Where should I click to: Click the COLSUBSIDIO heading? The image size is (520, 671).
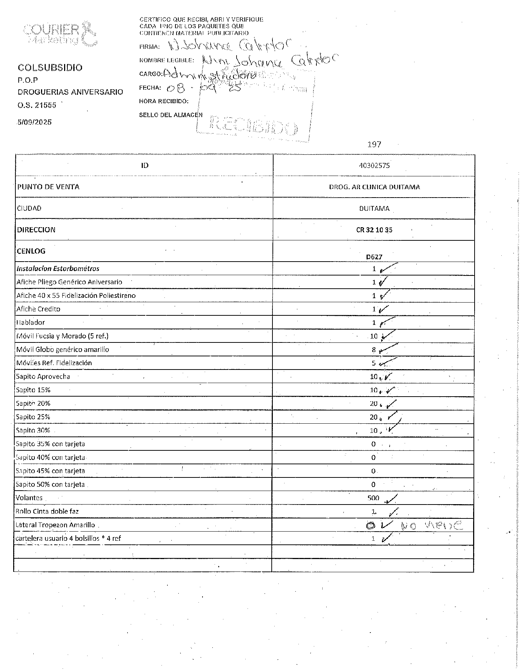[x=50, y=68]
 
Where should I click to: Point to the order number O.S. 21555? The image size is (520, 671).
[x=37, y=105]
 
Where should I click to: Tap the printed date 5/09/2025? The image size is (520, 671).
[x=34, y=122]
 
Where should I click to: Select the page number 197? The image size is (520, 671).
[x=374, y=145]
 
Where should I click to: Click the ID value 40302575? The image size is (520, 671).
[x=374, y=165]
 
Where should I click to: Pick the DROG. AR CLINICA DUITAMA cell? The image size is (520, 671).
[x=374, y=187]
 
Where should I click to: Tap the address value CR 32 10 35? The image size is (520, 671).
[x=374, y=230]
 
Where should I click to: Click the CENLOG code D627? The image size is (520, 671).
[x=374, y=257]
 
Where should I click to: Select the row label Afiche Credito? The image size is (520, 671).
[x=38, y=309]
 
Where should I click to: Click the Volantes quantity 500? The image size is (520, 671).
[x=374, y=498]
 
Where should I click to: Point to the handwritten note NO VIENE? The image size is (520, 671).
[x=432, y=526]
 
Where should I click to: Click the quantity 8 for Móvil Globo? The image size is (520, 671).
[x=374, y=350]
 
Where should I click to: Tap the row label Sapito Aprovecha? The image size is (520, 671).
[x=43, y=376]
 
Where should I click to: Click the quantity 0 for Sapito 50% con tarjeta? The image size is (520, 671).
[x=374, y=485]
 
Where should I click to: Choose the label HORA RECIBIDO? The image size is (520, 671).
[x=164, y=101]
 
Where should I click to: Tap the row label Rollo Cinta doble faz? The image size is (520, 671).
[x=47, y=511]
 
